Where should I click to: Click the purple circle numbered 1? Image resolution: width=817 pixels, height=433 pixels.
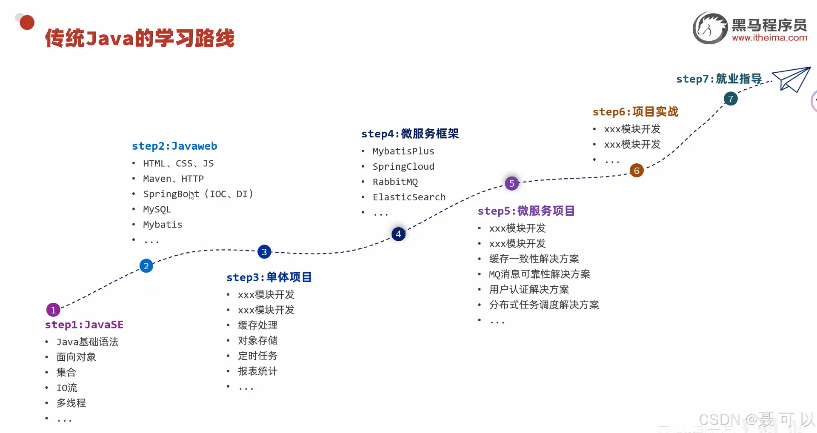click(53, 310)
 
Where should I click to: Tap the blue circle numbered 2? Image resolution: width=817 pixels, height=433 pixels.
click(146, 266)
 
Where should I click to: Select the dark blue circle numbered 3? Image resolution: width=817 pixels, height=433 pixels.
click(264, 252)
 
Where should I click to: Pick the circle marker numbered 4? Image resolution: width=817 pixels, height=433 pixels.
click(398, 234)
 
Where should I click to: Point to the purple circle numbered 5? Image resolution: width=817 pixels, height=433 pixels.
click(512, 183)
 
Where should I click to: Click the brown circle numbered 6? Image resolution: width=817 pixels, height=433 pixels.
click(637, 171)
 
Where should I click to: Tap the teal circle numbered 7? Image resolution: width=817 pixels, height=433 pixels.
click(731, 99)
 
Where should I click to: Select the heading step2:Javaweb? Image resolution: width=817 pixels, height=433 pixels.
click(174, 146)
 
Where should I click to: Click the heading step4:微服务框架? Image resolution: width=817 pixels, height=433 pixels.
click(410, 134)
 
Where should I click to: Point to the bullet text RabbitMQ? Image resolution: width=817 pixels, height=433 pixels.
click(395, 182)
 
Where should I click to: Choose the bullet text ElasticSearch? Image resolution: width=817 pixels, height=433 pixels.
click(409, 197)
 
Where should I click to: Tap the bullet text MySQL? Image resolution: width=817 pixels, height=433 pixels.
click(157, 209)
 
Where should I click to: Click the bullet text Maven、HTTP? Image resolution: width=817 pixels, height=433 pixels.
click(173, 179)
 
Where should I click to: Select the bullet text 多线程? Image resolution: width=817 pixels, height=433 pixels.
click(71, 403)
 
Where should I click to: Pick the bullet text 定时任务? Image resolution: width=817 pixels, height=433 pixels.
click(257, 356)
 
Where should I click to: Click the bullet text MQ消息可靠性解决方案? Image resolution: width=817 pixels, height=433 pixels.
click(539, 274)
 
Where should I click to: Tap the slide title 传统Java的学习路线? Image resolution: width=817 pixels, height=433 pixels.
click(140, 38)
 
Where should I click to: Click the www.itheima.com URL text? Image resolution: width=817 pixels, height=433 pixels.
click(769, 38)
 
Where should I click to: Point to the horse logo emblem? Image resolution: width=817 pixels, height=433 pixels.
click(710, 28)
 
